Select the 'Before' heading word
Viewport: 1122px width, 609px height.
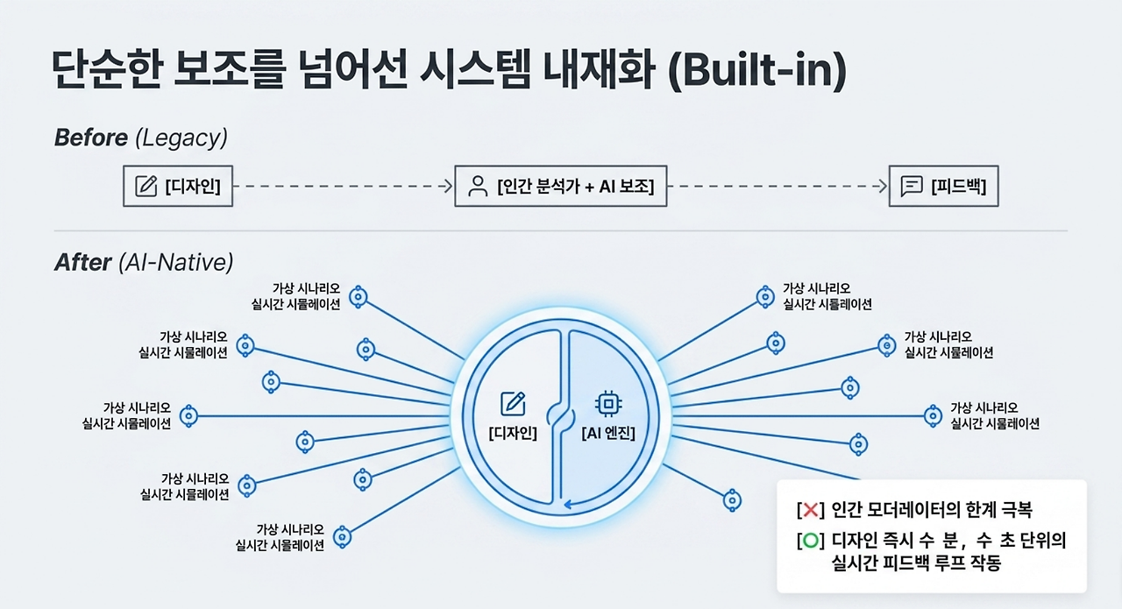(x=90, y=138)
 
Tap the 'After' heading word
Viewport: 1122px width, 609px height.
(x=82, y=262)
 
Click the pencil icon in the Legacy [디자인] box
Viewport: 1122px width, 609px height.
(x=146, y=187)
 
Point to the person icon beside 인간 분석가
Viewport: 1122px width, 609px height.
(x=478, y=187)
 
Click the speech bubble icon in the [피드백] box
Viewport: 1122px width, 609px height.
(x=911, y=187)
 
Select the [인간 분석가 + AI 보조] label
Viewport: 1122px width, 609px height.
(x=576, y=187)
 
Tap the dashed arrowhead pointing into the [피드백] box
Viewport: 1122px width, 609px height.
(x=883, y=187)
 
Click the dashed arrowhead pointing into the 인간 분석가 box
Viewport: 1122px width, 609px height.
(x=449, y=187)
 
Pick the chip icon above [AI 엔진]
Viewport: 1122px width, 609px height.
(x=608, y=404)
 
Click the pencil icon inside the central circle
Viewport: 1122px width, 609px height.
(x=513, y=404)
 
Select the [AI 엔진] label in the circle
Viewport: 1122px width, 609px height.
(x=608, y=433)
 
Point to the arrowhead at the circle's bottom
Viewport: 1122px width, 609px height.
(x=568, y=504)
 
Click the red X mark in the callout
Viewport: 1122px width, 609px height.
(x=811, y=510)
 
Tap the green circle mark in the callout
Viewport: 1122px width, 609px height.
(x=811, y=541)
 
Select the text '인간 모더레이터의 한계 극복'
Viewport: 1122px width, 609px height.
(x=932, y=510)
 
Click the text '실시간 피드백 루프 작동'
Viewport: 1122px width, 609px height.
(x=916, y=563)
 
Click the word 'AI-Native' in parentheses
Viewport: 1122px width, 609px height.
(x=176, y=262)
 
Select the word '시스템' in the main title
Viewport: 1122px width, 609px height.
(x=474, y=69)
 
